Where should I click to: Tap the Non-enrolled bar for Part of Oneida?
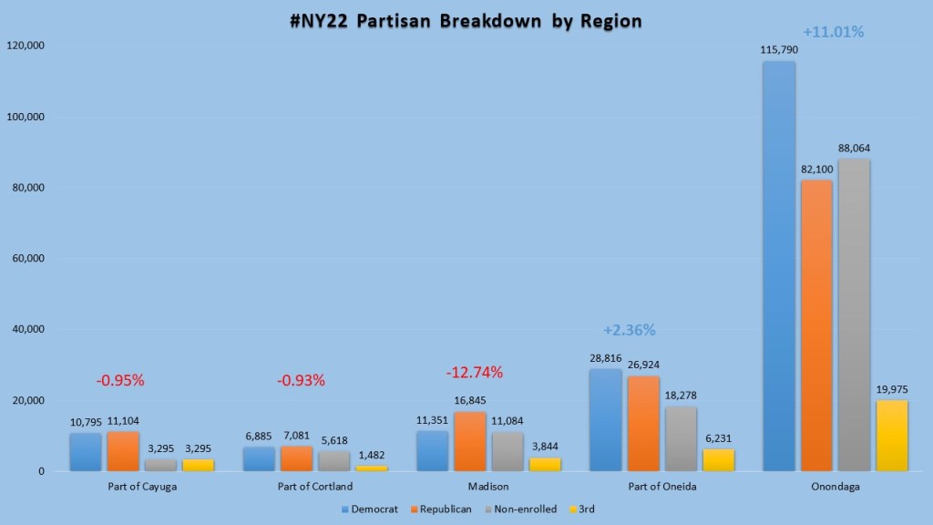[682, 438]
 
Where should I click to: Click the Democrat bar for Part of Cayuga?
[86, 452]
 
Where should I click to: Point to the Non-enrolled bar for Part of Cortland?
[333, 461]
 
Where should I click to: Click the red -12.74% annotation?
[474, 372]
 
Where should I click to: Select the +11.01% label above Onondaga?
[833, 32]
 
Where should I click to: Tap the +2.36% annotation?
[629, 330]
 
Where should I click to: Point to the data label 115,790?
[779, 49]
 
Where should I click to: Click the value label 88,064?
[854, 147]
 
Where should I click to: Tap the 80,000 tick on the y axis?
[28, 188]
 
